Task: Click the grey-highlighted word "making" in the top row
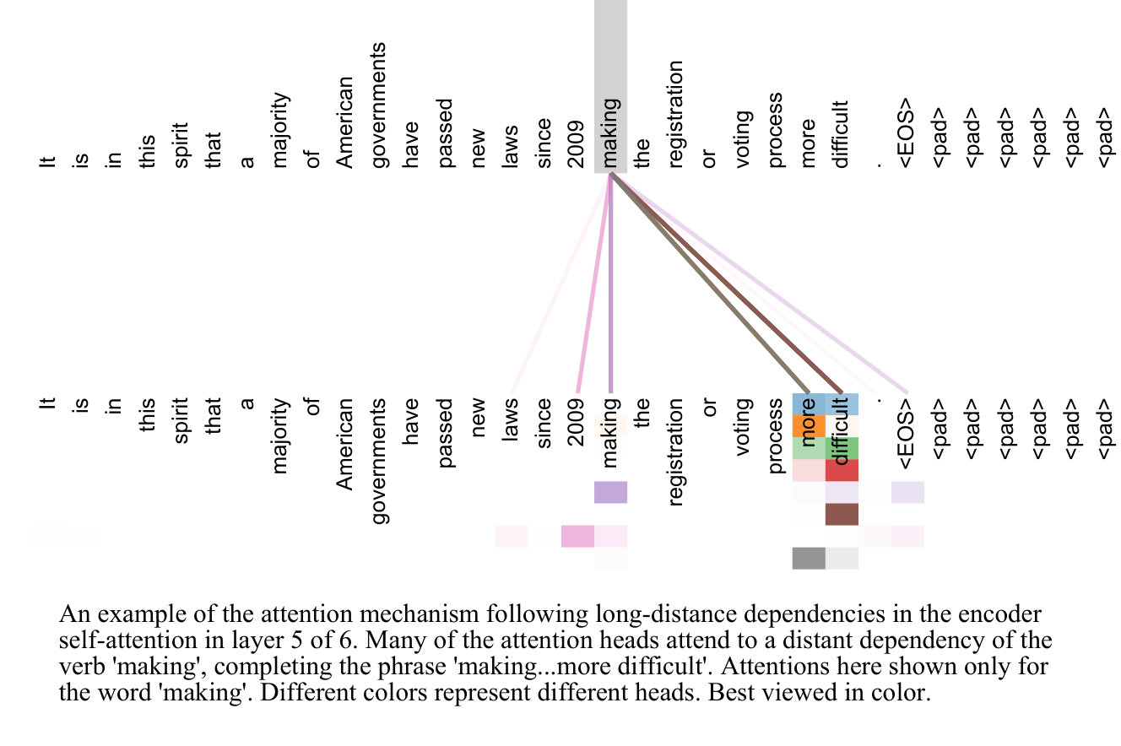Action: (610, 132)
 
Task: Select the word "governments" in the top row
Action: (378, 105)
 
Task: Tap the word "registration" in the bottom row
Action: (675, 452)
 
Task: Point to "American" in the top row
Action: (344, 122)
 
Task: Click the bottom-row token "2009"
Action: (576, 422)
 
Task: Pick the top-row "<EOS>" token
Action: (907, 133)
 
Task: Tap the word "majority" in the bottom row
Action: (279, 435)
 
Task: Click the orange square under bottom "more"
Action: (809, 426)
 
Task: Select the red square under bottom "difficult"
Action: (842, 470)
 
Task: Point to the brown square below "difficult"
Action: (842, 514)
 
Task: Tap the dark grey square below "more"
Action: (809, 559)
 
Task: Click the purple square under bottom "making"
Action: (610, 492)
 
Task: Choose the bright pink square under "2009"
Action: (577, 537)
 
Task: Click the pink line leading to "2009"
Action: (594, 284)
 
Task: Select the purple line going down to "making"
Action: (610, 284)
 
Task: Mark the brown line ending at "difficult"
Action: (726, 284)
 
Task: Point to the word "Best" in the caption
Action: (731, 693)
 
